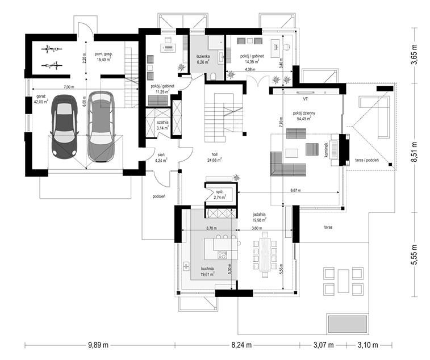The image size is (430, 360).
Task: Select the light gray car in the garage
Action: (100, 127)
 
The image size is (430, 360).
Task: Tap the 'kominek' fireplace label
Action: (326, 149)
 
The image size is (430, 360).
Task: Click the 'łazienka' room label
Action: (203, 56)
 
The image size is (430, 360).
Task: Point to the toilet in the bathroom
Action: (214, 76)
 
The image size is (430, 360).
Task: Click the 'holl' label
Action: (215, 154)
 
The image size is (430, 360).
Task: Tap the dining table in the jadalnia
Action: (265, 254)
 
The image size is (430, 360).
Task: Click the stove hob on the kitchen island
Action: (222, 255)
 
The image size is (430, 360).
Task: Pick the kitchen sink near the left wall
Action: (186, 266)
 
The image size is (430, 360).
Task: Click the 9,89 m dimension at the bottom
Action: (98, 345)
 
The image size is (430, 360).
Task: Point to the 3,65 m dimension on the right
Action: (415, 55)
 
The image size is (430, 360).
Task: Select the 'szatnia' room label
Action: (162, 123)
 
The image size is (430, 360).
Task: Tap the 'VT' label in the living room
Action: (306, 99)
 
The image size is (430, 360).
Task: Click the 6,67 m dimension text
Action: (295, 190)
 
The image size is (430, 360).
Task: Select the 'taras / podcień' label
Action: (367, 160)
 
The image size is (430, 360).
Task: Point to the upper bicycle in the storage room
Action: (52, 49)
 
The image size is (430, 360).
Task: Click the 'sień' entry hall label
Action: (161, 154)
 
